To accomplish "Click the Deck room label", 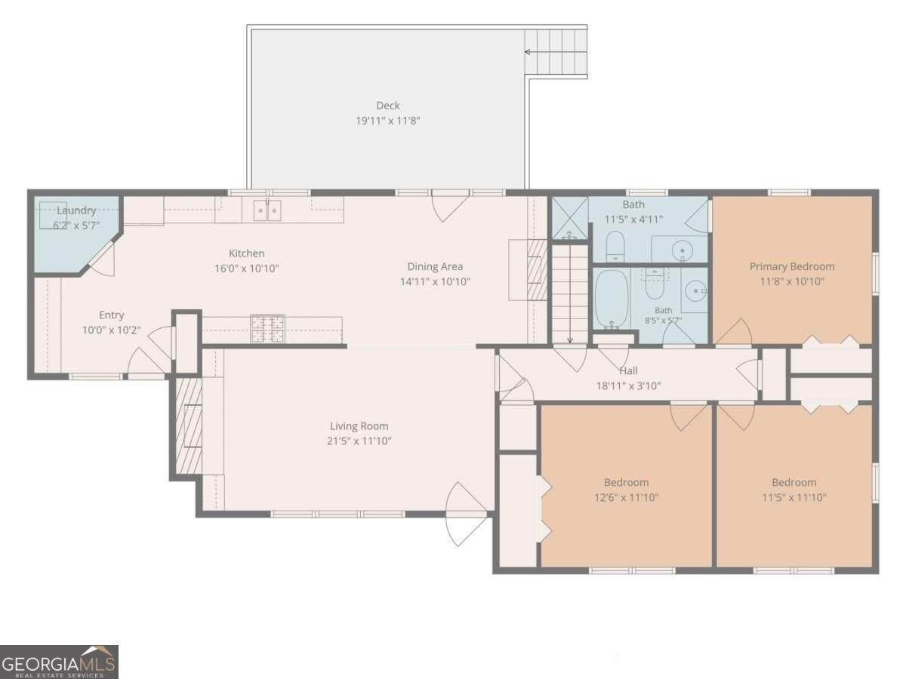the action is click(387, 106).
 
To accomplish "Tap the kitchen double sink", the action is click(267, 210).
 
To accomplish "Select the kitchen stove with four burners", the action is click(267, 329).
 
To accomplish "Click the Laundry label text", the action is click(76, 210).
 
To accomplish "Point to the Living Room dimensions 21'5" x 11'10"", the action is click(359, 441).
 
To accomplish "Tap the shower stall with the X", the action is click(569, 218).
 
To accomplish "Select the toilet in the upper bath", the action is click(615, 246).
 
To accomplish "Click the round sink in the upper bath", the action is click(682, 250).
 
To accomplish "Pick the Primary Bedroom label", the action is click(792, 267).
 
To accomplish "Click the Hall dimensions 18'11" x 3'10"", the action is click(628, 386).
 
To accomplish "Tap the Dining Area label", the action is click(435, 266).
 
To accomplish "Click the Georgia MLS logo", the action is click(59, 662).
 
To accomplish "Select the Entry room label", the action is click(112, 315).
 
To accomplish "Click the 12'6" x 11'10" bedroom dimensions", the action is click(626, 497).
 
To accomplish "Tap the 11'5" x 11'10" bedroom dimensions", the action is click(794, 497).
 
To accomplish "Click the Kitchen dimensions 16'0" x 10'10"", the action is click(246, 269).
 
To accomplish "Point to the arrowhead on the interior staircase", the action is click(570, 340).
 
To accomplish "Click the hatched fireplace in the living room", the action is click(189, 426).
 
